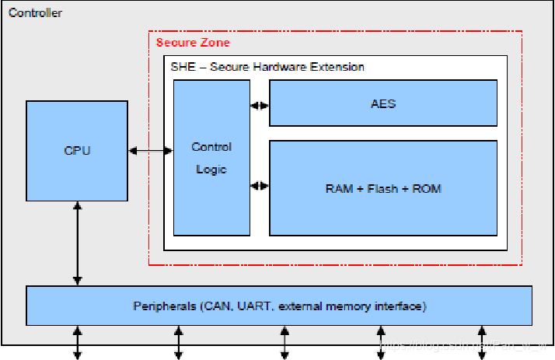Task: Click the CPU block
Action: tap(77, 149)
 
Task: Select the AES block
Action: tap(383, 103)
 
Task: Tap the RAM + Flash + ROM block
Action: tap(383, 187)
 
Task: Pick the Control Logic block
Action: tap(211, 157)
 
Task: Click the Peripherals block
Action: tap(279, 306)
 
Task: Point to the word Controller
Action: tap(35, 13)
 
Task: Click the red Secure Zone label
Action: tap(193, 42)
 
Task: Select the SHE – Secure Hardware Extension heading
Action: tap(267, 67)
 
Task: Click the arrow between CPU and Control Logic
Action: tap(151, 150)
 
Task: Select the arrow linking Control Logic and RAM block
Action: tap(260, 186)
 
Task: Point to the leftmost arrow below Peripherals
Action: tap(77, 342)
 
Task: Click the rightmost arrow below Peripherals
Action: tap(482, 342)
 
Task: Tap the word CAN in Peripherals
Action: tap(215, 306)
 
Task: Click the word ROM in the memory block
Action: tap(427, 188)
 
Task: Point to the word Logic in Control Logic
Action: tap(211, 170)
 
